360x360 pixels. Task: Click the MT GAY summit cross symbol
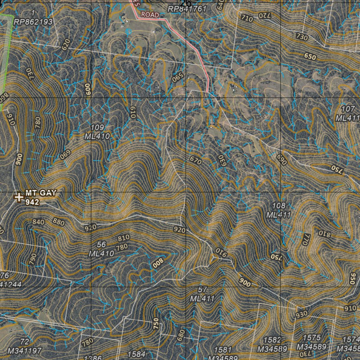19,197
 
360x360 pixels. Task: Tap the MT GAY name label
40,193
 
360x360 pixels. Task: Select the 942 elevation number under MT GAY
32,202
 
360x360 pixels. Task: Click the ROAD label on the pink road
150,15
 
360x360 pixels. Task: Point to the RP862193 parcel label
33,22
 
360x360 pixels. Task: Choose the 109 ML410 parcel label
97,132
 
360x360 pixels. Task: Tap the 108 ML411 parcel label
278,210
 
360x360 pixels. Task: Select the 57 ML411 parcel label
202,294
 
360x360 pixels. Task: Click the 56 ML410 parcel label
101,249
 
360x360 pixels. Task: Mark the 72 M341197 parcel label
24,346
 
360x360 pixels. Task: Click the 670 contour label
195,161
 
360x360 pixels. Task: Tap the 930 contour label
301,314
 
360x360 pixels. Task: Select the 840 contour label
38,222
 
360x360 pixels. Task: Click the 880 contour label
58,222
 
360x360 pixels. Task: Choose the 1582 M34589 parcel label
273,345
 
